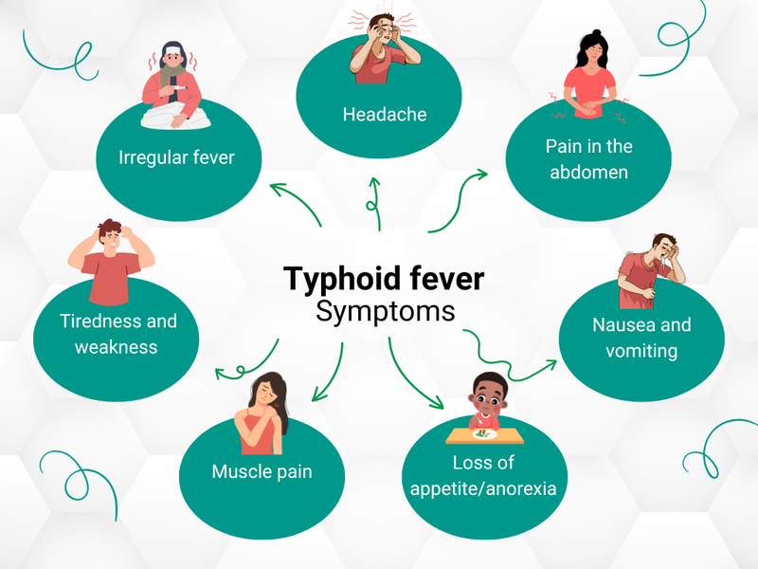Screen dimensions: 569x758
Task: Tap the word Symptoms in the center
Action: [385, 311]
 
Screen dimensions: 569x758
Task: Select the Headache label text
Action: [384, 115]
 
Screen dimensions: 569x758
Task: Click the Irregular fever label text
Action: [176, 156]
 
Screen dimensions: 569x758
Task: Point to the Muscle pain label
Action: [262, 471]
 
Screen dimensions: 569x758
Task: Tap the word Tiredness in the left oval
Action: [88, 321]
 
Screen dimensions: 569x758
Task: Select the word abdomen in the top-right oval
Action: [587, 173]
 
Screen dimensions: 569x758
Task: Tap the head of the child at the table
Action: [489, 397]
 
